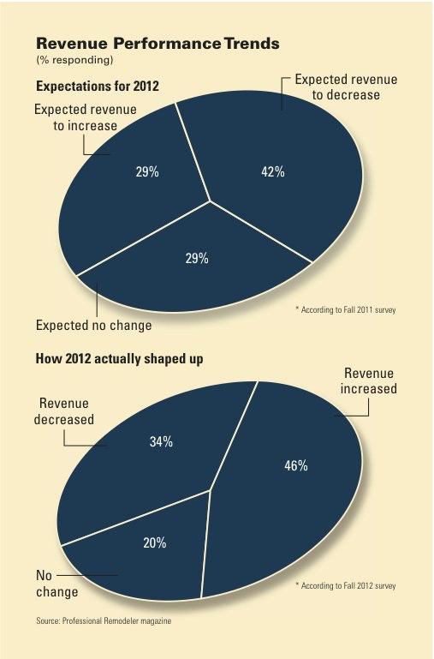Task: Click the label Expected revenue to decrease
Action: coord(340,87)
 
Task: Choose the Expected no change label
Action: coord(93,326)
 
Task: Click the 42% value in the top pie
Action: coord(272,171)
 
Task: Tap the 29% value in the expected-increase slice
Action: coord(147,171)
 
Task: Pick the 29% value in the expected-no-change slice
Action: coord(197,258)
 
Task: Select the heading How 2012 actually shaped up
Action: coord(120,358)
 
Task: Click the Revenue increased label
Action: coord(369,380)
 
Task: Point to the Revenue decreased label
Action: coord(63,410)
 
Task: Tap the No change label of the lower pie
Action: coord(56,583)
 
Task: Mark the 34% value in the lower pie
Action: coord(161,442)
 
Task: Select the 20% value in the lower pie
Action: coord(155,544)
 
